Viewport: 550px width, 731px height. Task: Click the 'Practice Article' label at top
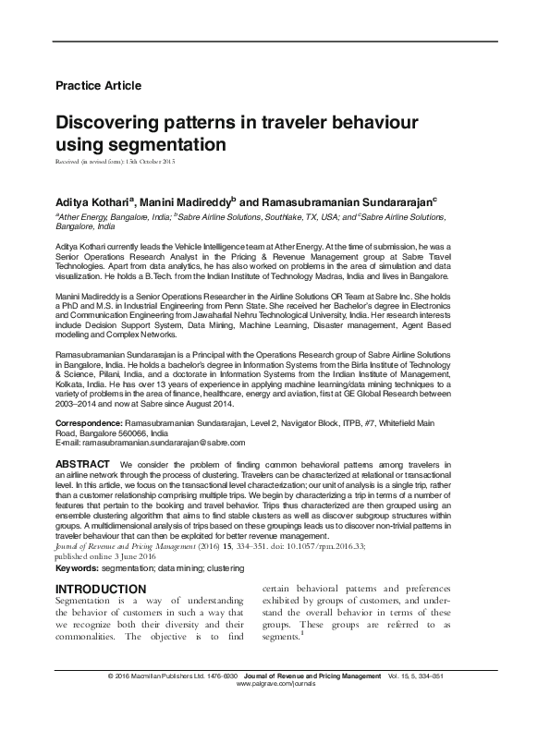click(99, 86)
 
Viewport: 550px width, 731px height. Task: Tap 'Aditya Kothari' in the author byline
click(93, 201)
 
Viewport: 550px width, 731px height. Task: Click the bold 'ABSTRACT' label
click(84, 462)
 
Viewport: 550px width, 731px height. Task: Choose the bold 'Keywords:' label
click(81, 568)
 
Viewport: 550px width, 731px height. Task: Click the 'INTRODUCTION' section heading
click(101, 589)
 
